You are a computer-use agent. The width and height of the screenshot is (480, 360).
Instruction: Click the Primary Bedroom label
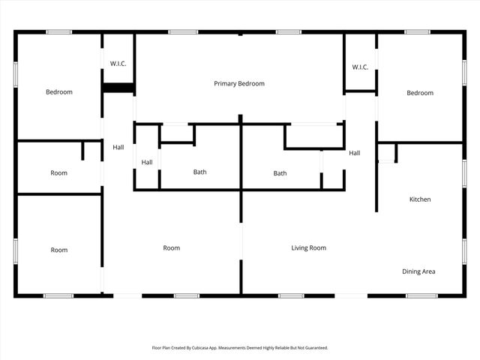(239, 84)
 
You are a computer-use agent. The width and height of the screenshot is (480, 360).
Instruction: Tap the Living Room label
(308, 247)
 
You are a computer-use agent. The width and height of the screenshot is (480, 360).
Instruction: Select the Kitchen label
(419, 199)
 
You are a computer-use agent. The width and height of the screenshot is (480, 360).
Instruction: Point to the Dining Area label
(418, 271)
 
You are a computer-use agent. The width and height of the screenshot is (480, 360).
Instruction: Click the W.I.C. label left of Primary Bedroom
(118, 64)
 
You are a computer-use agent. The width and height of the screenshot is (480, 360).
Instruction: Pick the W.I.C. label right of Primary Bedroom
(360, 67)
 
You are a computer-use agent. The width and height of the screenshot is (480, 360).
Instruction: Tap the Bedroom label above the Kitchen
(420, 93)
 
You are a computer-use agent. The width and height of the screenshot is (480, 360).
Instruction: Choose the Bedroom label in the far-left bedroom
(59, 92)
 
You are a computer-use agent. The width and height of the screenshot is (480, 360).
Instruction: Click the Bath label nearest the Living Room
(280, 173)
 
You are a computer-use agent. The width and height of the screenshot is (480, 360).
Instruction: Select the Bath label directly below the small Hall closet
(200, 172)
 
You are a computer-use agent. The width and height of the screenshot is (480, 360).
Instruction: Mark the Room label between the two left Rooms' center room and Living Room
(172, 247)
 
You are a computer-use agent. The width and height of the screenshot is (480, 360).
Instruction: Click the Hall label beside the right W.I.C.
(355, 153)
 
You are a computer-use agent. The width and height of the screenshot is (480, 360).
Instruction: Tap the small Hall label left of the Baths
(147, 162)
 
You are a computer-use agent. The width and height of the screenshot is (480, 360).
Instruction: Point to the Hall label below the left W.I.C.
(118, 147)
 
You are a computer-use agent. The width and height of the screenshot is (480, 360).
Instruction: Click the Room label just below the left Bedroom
(58, 173)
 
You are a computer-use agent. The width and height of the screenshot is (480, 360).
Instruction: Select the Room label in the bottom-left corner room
(58, 250)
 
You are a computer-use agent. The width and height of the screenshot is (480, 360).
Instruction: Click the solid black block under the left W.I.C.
(118, 88)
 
